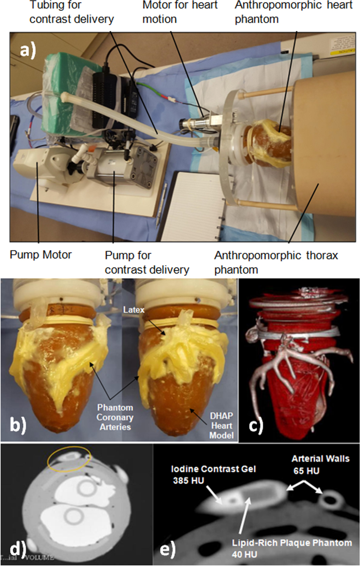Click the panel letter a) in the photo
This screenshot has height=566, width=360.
click(28, 50)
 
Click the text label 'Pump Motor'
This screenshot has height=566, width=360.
click(40, 255)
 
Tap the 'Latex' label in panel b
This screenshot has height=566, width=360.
click(134, 310)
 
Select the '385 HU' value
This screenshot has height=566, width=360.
click(188, 481)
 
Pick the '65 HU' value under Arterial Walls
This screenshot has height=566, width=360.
click(306, 471)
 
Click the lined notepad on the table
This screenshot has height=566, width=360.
click(193, 206)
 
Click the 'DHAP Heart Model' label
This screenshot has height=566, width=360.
click(221, 425)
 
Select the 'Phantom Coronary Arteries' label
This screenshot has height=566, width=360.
click(115, 417)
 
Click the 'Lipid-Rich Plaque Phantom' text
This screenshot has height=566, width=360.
click(292, 543)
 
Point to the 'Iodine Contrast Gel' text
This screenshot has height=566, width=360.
click(213, 469)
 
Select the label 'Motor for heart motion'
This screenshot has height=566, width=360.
click(180, 12)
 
